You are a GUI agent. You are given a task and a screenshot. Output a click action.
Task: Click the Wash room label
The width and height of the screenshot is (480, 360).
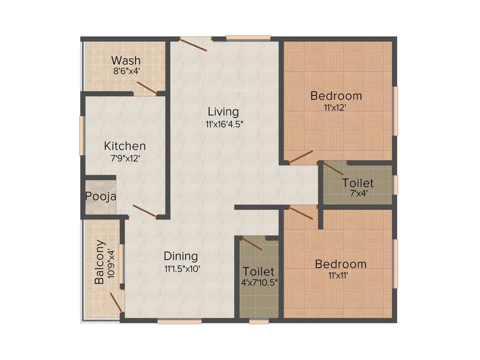[126, 60]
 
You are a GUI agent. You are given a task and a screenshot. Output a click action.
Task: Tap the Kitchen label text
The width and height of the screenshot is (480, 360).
[125, 146]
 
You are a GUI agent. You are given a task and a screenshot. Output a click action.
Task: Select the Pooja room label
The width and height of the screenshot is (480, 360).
[100, 196]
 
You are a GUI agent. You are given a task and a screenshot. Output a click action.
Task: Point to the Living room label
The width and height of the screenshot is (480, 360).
[223, 112]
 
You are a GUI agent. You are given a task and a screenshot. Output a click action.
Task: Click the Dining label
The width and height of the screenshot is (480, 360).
[180, 256]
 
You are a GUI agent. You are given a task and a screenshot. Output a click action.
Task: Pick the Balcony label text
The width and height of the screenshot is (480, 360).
[99, 262]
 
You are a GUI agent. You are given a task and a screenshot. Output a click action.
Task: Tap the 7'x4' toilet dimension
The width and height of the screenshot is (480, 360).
[358, 192]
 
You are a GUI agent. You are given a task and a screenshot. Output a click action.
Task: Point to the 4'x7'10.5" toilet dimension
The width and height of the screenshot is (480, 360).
[259, 283]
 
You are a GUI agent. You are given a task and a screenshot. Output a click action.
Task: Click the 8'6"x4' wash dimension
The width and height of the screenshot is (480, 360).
[126, 72]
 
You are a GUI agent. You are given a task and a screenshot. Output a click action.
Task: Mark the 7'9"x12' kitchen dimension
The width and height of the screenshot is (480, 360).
[125, 158]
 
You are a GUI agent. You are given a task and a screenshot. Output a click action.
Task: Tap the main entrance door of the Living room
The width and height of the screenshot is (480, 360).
[194, 44]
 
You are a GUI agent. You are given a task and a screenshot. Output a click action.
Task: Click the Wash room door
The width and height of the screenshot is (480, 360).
[147, 88]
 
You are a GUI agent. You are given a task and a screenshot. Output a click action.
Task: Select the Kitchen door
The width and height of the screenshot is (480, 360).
[144, 211]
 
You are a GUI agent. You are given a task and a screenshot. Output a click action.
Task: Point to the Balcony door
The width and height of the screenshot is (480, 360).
[116, 303]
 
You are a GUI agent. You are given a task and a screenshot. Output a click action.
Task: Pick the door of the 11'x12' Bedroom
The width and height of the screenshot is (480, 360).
[301, 157]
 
